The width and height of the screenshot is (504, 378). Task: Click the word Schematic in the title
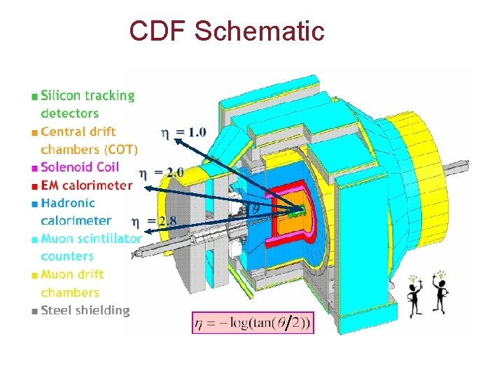click(x=260, y=31)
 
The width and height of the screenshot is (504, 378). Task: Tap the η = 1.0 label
click(x=184, y=131)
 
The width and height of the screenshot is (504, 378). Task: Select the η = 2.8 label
click(x=155, y=222)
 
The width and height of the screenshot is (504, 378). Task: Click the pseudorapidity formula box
click(x=253, y=323)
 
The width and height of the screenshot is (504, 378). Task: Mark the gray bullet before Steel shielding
click(x=35, y=311)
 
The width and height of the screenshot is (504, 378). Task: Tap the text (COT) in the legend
click(x=120, y=150)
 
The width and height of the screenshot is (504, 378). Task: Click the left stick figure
click(x=414, y=297)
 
